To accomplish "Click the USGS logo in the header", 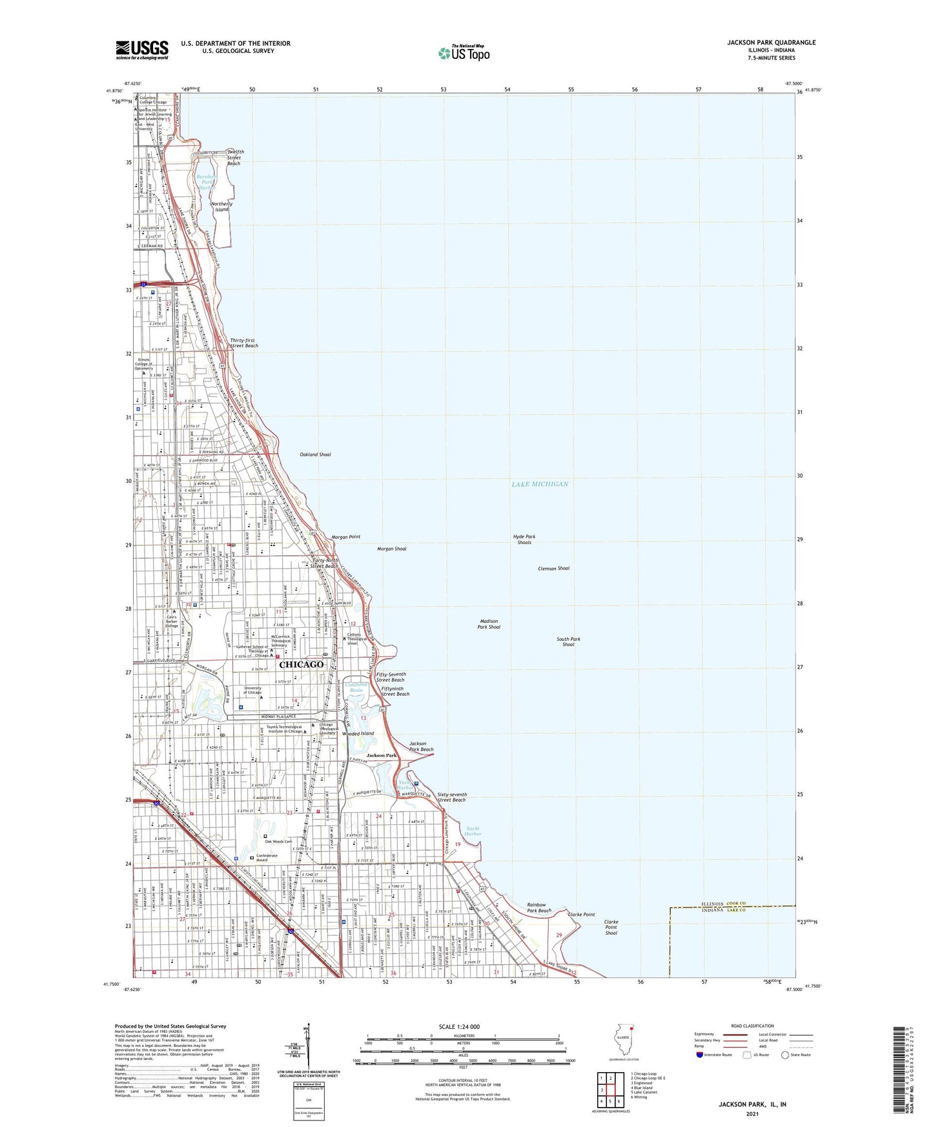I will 141,50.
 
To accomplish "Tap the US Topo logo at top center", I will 464,53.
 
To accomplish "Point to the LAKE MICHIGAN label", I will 540,484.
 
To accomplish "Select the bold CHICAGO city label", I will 301,664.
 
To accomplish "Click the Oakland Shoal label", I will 315,454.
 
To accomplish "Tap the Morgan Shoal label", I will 391,549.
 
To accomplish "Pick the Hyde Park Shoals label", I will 524,540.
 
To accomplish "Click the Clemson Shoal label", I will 553,569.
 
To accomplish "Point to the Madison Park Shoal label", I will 489,624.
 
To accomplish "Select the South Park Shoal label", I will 568,642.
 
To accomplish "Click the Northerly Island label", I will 221,207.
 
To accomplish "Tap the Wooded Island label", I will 358,733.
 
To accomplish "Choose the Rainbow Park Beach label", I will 539,908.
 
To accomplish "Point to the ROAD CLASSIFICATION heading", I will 753,1026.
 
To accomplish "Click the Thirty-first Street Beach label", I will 243,343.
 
